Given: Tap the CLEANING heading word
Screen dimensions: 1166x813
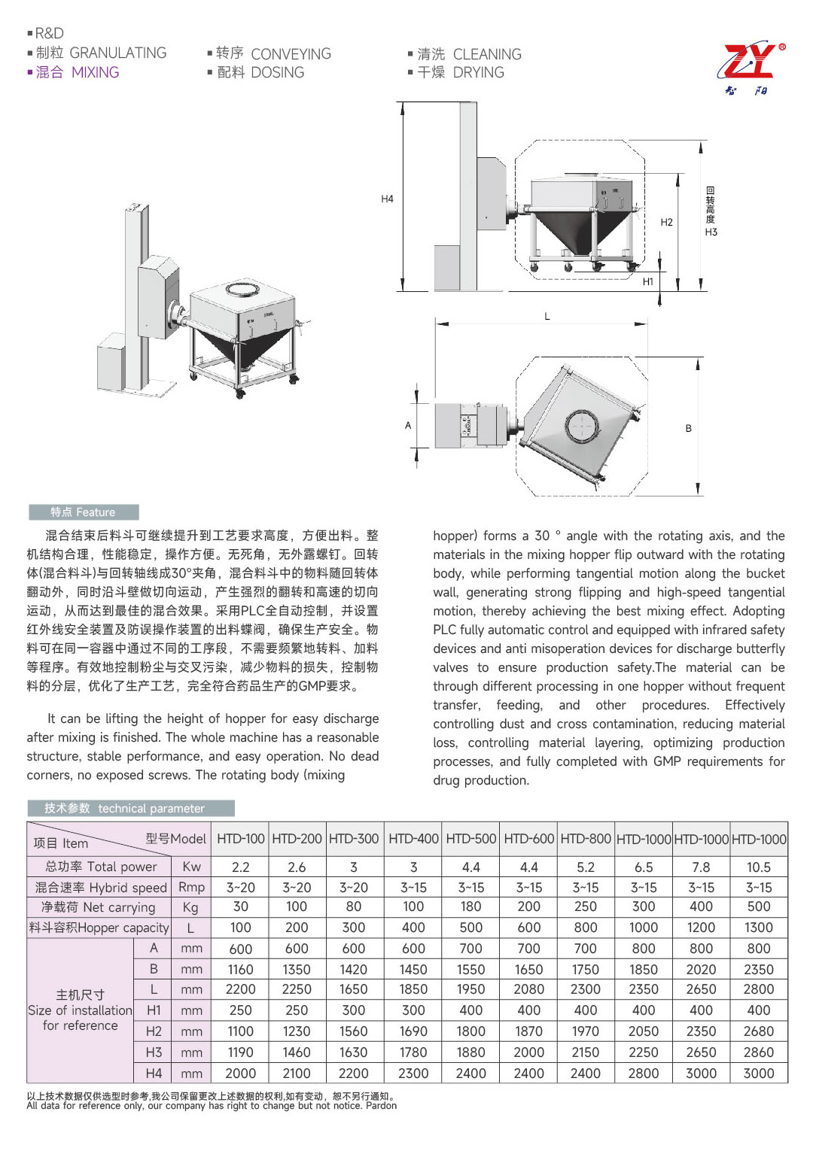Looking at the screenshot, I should (487, 54).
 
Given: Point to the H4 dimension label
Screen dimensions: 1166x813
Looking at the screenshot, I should (387, 199).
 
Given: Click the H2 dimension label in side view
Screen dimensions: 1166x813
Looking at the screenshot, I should (666, 222).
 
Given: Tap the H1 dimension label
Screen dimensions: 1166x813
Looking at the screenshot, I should (647, 281).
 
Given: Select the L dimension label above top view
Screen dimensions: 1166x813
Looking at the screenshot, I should (547, 316).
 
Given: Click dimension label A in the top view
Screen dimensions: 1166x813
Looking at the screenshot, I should (408, 425).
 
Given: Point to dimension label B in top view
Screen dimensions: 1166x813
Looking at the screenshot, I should (688, 428).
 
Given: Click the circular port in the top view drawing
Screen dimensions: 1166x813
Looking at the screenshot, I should (581, 427).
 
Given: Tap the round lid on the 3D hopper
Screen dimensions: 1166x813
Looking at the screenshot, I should (242, 289).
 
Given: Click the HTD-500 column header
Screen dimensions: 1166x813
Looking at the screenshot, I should (471, 839).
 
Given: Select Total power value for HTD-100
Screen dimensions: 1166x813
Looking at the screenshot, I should (240, 867).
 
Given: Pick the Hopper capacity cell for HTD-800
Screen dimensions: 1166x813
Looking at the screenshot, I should (586, 928).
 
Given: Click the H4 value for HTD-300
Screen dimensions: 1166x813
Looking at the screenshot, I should (354, 1073).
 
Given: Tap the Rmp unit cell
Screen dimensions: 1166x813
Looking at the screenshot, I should (191, 888).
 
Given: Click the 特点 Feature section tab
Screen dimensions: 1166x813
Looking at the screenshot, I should (84, 512).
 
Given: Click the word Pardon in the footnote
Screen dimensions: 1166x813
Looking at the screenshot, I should (381, 1106).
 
